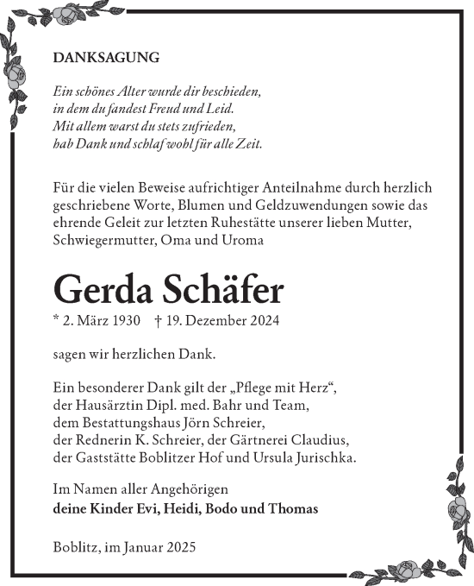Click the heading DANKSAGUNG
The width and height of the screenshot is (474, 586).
(x=106, y=58)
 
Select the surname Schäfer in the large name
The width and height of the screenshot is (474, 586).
(x=227, y=291)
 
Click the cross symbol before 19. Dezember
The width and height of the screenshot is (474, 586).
(x=159, y=320)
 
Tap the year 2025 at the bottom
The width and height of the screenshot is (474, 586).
(x=180, y=547)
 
